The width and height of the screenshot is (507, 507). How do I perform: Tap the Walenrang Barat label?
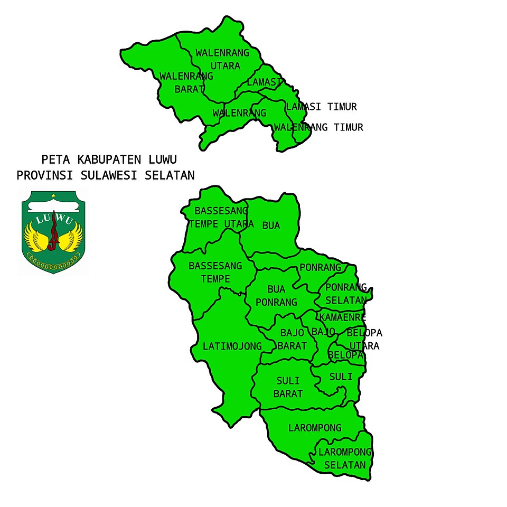click(186, 82)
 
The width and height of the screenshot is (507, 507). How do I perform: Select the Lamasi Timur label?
click(322, 107)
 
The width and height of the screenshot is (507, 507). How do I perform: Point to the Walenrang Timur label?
click(318, 127)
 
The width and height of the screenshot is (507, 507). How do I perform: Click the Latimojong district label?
click(232, 346)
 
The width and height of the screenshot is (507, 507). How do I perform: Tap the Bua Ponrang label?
click(276, 296)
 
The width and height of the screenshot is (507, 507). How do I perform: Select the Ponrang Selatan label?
click(346, 294)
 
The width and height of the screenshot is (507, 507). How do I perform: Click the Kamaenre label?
click(342, 317)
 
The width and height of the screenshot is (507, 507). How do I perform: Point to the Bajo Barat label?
click(292, 340)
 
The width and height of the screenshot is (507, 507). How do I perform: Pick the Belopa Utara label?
click(364, 340)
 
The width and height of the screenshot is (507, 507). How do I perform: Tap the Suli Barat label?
click(288, 387)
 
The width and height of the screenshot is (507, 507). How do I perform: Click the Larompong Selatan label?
click(345, 459)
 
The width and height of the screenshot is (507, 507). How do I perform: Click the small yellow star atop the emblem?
click(53, 196)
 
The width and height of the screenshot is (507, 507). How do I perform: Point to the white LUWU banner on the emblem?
click(53, 218)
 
